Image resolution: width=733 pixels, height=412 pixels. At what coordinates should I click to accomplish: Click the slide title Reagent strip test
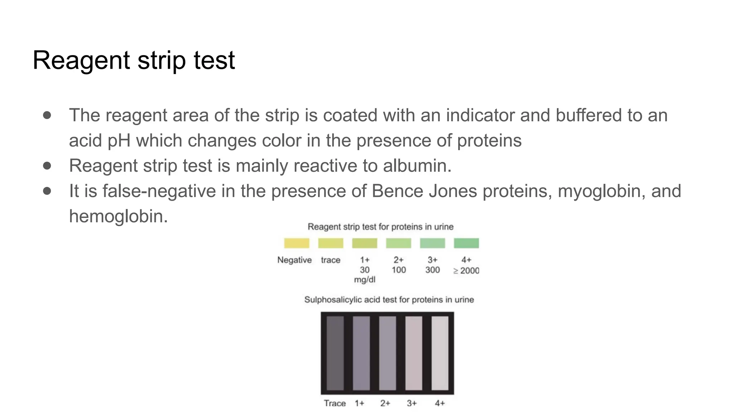[134, 60]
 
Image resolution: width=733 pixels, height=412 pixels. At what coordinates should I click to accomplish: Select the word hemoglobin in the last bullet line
[118, 216]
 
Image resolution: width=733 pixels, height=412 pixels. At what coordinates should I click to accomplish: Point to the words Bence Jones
[424, 191]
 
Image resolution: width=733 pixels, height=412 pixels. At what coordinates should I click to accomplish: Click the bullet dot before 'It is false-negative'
[47, 191]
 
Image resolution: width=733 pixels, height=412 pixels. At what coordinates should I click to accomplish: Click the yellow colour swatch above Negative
[296, 243]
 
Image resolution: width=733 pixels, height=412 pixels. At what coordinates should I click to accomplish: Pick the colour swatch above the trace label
[330, 243]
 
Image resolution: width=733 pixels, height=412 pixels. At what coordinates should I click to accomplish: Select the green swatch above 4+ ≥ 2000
[466, 243]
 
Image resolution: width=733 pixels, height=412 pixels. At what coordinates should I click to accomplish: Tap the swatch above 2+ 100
[398, 243]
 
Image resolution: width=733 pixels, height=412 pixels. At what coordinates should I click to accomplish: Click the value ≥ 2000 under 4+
[466, 271]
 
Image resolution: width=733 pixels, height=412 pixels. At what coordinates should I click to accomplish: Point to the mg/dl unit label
[364, 280]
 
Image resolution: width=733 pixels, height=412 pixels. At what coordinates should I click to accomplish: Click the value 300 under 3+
[432, 270]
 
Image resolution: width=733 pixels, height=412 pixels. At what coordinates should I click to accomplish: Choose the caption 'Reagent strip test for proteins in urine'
[380, 227]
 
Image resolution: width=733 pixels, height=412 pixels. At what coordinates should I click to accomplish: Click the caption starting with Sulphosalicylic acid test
[389, 300]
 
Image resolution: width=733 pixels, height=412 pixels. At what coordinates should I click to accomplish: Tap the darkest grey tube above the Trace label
[335, 353]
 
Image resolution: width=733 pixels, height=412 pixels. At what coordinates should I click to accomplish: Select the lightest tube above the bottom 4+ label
[440, 353]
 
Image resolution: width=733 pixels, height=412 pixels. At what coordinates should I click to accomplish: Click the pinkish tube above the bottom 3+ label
[413, 353]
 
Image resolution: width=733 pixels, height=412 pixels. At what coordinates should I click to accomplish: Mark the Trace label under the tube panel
[335, 403]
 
